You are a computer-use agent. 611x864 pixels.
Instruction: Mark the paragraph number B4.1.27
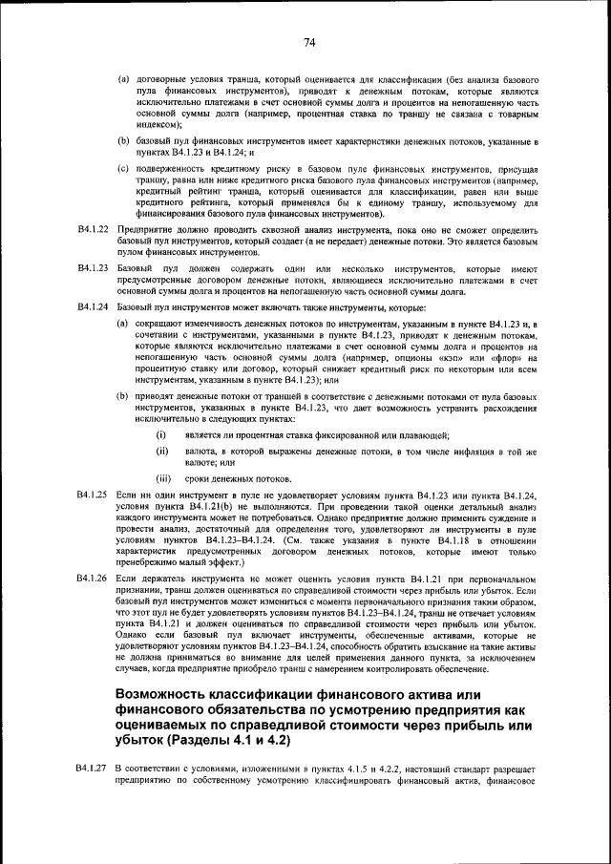93,769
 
